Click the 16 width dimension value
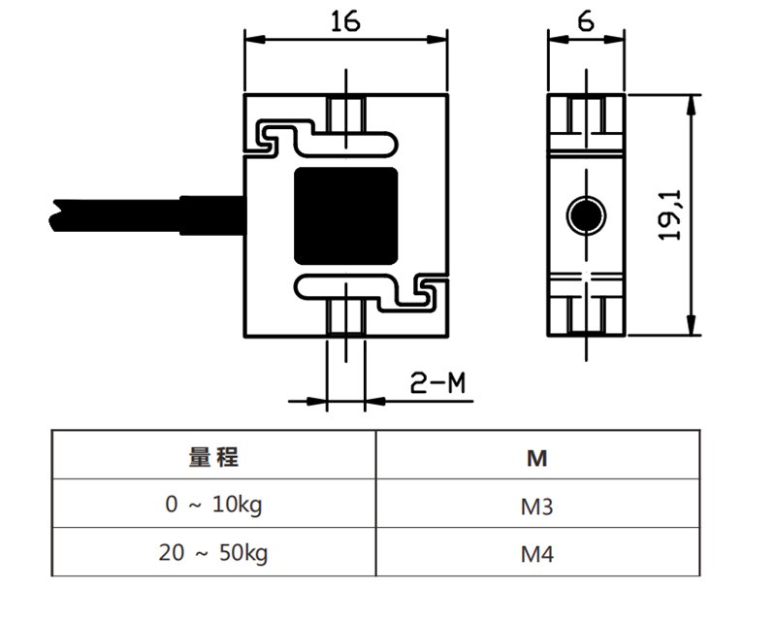pos(345,20)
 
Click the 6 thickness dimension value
pos(585,20)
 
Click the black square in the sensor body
pos(346,215)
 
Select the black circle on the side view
pos(585,215)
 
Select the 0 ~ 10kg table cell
pos(213,505)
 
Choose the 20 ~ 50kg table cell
pos(213,554)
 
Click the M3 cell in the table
pos(536,506)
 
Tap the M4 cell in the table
pos(536,555)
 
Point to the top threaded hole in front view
pos(346,114)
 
